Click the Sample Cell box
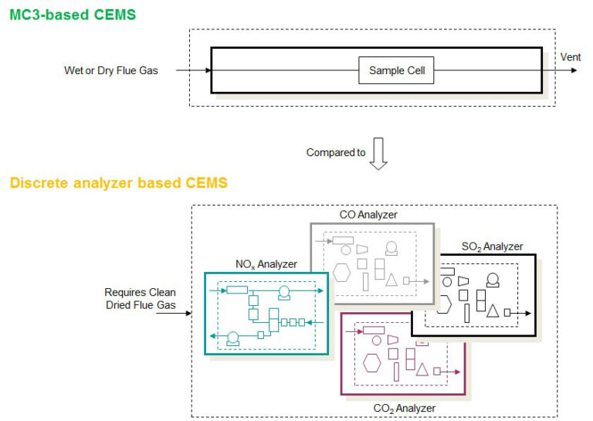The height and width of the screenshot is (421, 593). [396, 71]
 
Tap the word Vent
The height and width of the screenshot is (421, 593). [571, 57]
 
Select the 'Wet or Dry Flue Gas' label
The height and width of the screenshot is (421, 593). [110, 71]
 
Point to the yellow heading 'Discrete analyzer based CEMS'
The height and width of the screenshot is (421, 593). [118, 183]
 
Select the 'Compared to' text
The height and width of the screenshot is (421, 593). [336, 153]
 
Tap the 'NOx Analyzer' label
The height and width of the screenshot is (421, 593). [266, 264]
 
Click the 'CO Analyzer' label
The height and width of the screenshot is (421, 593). [368, 214]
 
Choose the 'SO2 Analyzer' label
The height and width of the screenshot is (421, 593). [492, 247]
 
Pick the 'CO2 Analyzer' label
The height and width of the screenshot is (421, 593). [404, 408]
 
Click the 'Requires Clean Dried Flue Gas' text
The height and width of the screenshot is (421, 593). [141, 298]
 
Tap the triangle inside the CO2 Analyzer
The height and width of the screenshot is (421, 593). [422, 369]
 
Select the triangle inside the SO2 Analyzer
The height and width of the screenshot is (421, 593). [492, 311]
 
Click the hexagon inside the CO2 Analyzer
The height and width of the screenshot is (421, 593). [372, 362]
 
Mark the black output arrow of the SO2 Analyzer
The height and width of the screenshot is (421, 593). [523, 313]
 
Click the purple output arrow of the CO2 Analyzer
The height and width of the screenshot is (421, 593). [452, 372]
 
